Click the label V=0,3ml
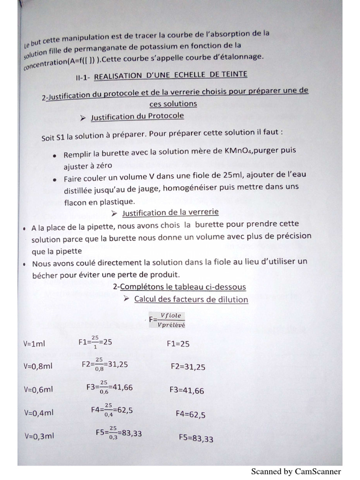point(39,435)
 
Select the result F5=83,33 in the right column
point(196,438)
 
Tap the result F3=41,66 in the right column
point(187,390)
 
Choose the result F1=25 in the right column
point(178,344)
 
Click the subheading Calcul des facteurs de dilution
point(191,299)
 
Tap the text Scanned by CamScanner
point(296,472)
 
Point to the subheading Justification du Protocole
point(137,115)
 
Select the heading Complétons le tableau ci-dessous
point(180,286)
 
